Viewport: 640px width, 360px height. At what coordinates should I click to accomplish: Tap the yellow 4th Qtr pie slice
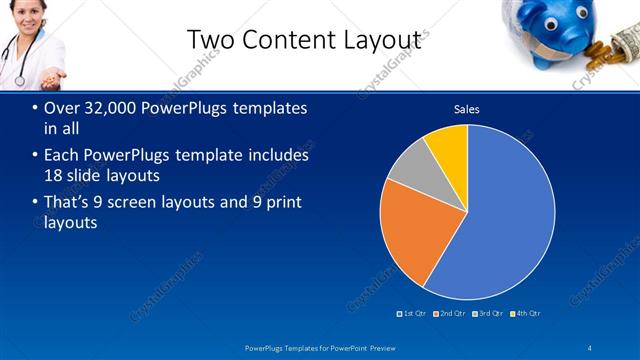click(449, 145)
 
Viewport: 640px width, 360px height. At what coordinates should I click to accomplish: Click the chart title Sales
click(467, 108)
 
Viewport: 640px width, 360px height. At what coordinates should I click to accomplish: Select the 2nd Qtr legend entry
click(449, 313)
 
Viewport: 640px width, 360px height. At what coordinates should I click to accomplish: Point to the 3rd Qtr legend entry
click(487, 313)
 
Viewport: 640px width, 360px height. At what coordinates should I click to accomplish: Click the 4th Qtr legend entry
click(525, 313)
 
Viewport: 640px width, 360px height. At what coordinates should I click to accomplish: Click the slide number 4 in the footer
click(590, 347)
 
